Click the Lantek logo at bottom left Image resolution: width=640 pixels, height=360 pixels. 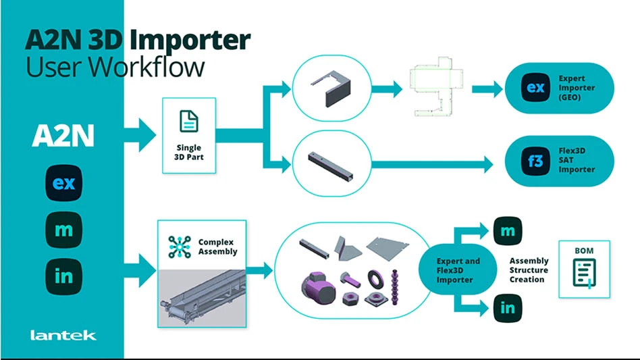tap(63, 335)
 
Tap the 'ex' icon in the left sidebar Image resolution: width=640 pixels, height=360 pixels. tap(63, 184)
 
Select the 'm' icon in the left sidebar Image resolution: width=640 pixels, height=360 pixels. tap(63, 230)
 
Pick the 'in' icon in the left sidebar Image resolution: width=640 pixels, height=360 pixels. tap(63, 276)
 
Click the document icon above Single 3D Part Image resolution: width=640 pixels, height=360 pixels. tap(189, 122)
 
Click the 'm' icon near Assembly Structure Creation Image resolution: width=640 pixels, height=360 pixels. tap(508, 232)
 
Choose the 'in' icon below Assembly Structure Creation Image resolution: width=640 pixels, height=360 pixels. tap(508, 308)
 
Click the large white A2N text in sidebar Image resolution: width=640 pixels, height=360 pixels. tap(63, 137)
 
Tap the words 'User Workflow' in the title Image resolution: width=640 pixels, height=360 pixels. tap(115, 67)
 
